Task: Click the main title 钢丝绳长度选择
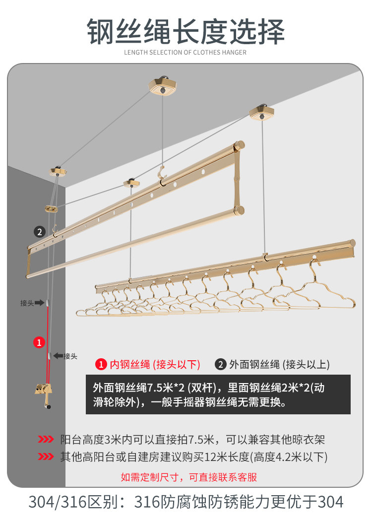point(186,31)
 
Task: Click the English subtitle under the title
point(186,53)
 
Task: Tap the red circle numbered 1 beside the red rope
point(39,342)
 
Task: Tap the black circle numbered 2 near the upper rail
point(40,232)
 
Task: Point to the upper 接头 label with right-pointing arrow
point(32,303)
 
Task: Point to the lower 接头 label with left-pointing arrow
point(65,356)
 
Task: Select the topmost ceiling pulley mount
point(162,86)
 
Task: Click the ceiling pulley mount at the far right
point(262,113)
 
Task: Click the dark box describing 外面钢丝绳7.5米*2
point(218,394)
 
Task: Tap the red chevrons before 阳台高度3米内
point(46,439)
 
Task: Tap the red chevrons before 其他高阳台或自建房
point(46,457)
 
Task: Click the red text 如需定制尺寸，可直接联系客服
point(188,477)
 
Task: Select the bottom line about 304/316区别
point(186,502)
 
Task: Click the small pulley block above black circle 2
point(51,209)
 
